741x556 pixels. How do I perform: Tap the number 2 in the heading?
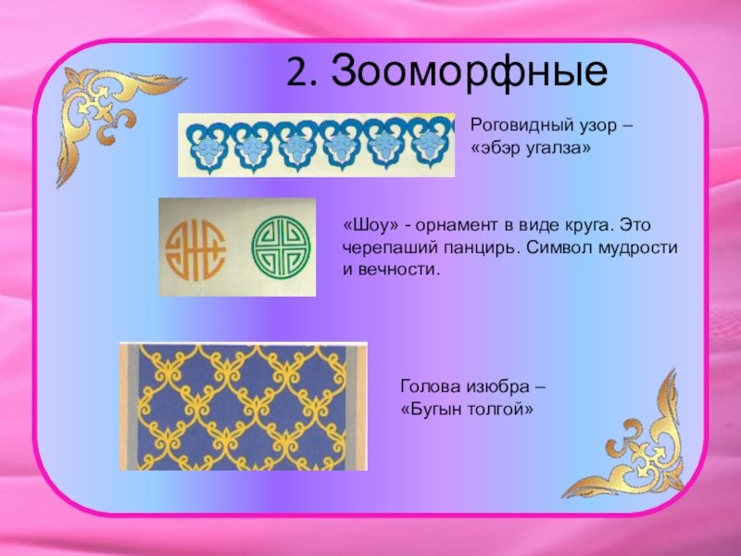pyautogui.click(x=297, y=72)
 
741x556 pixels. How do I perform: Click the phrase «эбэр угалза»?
pyautogui.click(x=531, y=148)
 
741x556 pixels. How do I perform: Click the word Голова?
pyautogui.click(x=431, y=386)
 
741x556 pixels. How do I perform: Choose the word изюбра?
pyautogui.click(x=497, y=387)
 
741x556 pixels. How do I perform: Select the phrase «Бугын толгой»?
pyautogui.click(x=467, y=409)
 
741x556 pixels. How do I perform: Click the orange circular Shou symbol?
pyautogui.click(x=195, y=249)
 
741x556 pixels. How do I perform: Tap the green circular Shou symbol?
pyautogui.click(x=282, y=246)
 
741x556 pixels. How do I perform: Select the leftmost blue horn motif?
pyautogui.click(x=206, y=145)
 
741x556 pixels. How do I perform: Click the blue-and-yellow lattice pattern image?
pyautogui.click(x=243, y=406)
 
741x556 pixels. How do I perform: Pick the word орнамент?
pyautogui.click(x=457, y=225)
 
